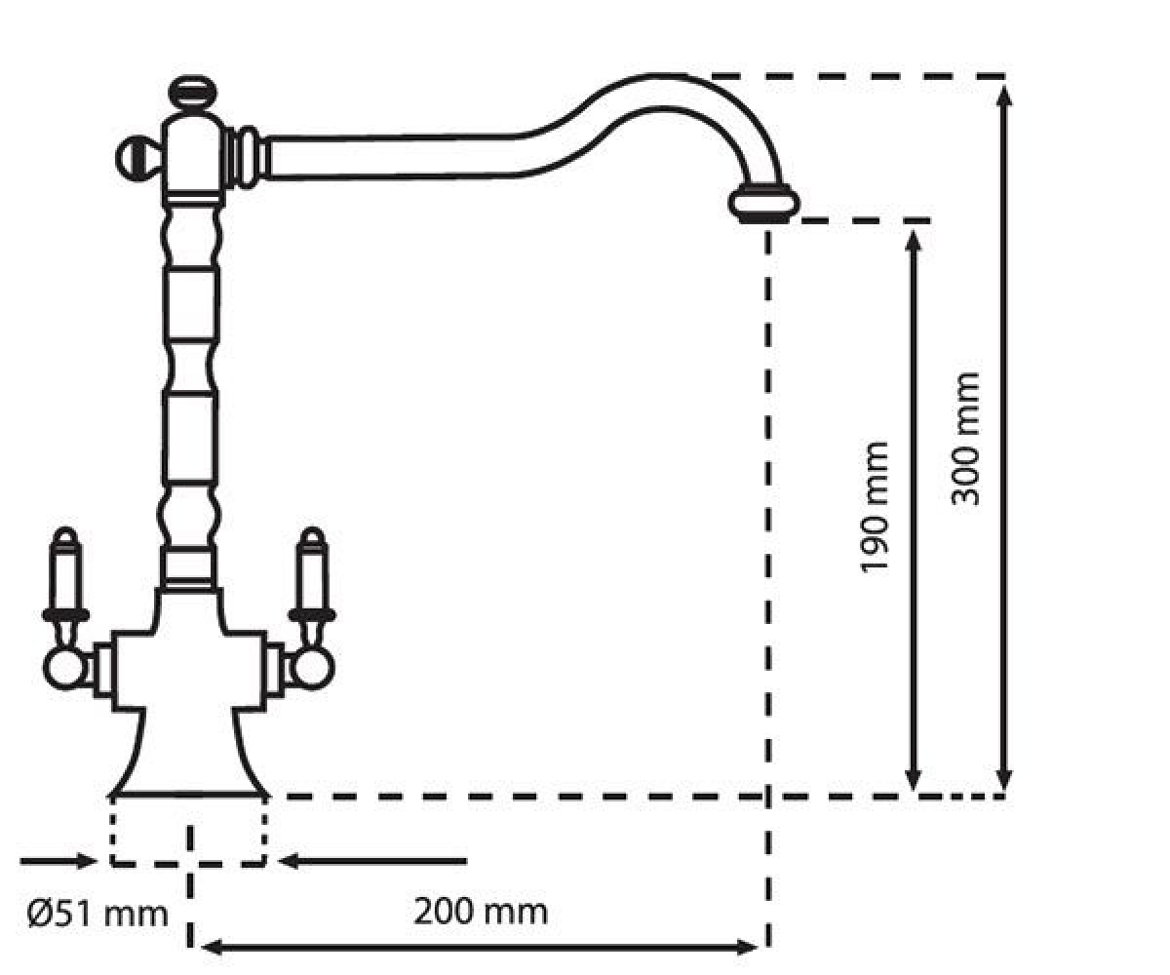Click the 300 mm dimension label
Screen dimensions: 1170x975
tap(965, 439)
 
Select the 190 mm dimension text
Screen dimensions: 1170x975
tap(874, 507)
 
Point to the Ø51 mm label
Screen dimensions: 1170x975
tap(97, 914)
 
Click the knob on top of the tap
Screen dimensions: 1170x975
tap(193, 93)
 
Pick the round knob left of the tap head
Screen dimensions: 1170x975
tap(138, 159)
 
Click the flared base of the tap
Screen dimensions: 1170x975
tap(189, 755)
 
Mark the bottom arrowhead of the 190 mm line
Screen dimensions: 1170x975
tap(914, 779)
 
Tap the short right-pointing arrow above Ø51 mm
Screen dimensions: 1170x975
tap(58, 861)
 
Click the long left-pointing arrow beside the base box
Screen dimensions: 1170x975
tap(372, 861)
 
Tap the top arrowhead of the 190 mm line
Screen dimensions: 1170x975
tap(914, 242)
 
